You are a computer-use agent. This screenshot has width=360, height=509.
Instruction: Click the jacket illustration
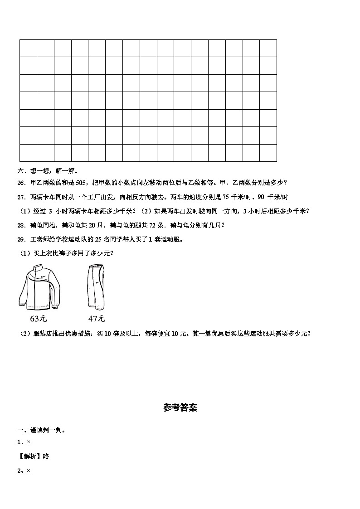click(x=39, y=287)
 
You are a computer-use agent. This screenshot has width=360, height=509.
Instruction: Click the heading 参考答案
click(x=180, y=407)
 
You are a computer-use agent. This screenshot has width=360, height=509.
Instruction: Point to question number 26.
click(x=21, y=183)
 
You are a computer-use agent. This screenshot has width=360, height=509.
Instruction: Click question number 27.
click(x=21, y=197)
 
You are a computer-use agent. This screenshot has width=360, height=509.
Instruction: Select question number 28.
click(x=21, y=225)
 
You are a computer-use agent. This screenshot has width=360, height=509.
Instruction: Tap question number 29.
click(x=21, y=239)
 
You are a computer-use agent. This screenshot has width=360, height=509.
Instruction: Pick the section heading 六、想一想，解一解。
click(x=48, y=171)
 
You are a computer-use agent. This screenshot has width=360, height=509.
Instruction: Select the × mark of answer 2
click(x=28, y=471)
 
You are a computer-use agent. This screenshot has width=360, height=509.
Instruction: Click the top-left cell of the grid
click(x=28, y=48)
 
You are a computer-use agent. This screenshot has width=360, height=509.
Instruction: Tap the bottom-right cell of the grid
click(x=268, y=153)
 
